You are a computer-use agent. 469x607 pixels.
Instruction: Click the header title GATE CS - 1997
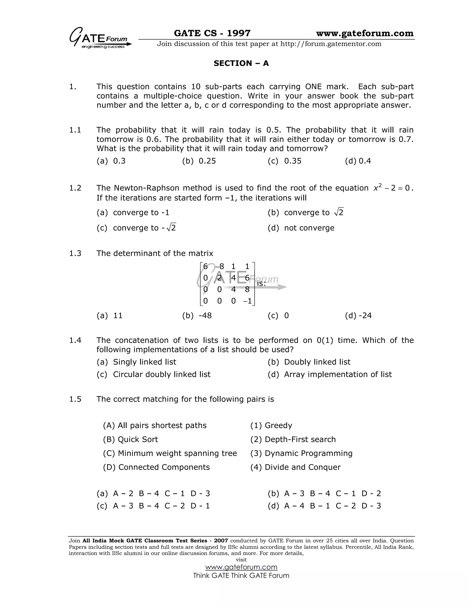point(212,33)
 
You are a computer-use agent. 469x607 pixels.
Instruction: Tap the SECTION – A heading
point(241,63)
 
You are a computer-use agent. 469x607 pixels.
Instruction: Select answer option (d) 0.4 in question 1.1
point(358,161)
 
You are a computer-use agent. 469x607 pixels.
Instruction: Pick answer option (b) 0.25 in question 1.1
point(199,161)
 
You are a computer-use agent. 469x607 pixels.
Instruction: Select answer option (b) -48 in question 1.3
point(197,315)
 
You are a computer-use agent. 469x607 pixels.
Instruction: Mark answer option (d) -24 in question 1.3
point(358,315)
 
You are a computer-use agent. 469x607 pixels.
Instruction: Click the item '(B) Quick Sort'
point(130,439)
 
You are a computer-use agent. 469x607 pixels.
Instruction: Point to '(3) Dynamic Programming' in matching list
point(301,453)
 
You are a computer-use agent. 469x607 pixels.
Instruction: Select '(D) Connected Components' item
point(156,467)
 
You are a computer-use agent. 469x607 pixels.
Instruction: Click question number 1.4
point(75,340)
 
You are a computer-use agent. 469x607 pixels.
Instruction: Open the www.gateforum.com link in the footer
point(241,567)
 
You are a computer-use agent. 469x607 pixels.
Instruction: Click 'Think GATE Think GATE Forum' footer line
point(241,576)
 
